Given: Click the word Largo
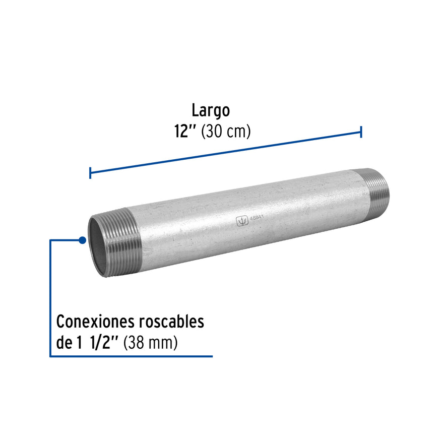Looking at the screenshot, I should (x=211, y=110).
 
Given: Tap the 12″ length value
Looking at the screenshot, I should (x=184, y=132).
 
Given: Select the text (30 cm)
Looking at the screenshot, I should (x=226, y=132).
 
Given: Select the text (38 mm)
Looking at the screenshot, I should (x=151, y=343).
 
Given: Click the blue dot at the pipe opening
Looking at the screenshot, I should (x=82, y=240).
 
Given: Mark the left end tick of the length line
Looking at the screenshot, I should (x=90, y=173).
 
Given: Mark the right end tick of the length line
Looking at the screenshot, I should (x=361, y=132).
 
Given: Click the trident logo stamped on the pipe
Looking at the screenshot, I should (x=242, y=221).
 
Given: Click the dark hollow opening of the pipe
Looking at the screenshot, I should (x=98, y=247).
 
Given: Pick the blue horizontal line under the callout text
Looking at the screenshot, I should (x=131, y=356).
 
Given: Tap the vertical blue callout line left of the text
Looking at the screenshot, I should (x=50, y=297).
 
